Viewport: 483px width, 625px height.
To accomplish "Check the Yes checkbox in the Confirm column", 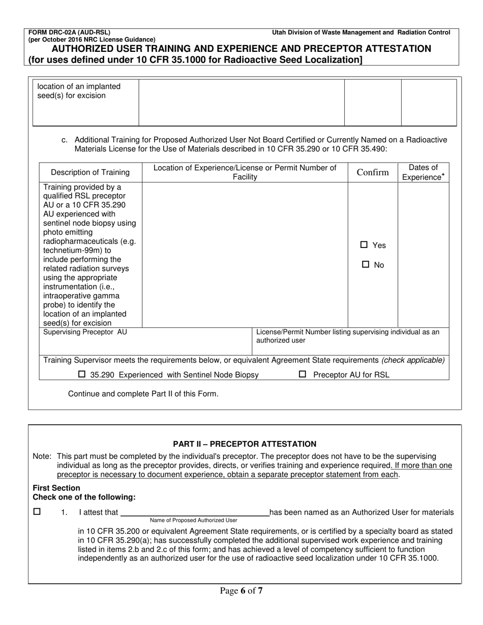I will tap(364, 245).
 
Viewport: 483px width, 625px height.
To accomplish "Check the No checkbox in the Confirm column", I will tap(365, 265).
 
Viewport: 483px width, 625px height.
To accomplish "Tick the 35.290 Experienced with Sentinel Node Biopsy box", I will tap(82, 375).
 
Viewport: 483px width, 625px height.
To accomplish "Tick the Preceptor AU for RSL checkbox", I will tap(303, 375).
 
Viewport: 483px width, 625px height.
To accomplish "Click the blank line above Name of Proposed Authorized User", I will tap(194, 513).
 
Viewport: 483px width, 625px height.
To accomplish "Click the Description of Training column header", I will tap(90, 172).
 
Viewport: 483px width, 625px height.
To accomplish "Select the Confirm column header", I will tap(373, 172).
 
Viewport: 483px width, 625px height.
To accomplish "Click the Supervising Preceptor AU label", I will tap(85, 332).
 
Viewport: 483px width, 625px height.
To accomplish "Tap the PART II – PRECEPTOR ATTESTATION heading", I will tap(245, 444).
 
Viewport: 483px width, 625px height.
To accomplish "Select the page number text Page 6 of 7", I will tap(242, 590).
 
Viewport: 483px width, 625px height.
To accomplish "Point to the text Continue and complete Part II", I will tap(143, 394).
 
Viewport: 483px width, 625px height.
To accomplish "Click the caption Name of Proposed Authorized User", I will tap(194, 521).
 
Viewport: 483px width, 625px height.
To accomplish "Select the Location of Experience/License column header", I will tap(245, 172).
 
